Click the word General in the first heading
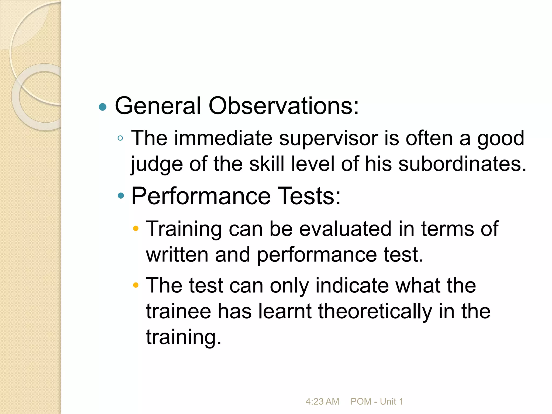[158, 106]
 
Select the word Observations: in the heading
[284, 106]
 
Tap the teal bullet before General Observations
[103, 107]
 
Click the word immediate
[223, 138]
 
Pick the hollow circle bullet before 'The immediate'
[120, 139]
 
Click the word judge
[157, 164]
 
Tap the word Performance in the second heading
[201, 196]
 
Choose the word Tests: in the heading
[309, 196]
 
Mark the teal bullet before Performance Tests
[121, 196]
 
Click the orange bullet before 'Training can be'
[136, 229]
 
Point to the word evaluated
[345, 229]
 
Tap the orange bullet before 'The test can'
[136, 285]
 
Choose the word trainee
[178, 311]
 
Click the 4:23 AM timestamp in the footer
[322, 401]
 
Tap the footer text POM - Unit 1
[377, 401]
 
